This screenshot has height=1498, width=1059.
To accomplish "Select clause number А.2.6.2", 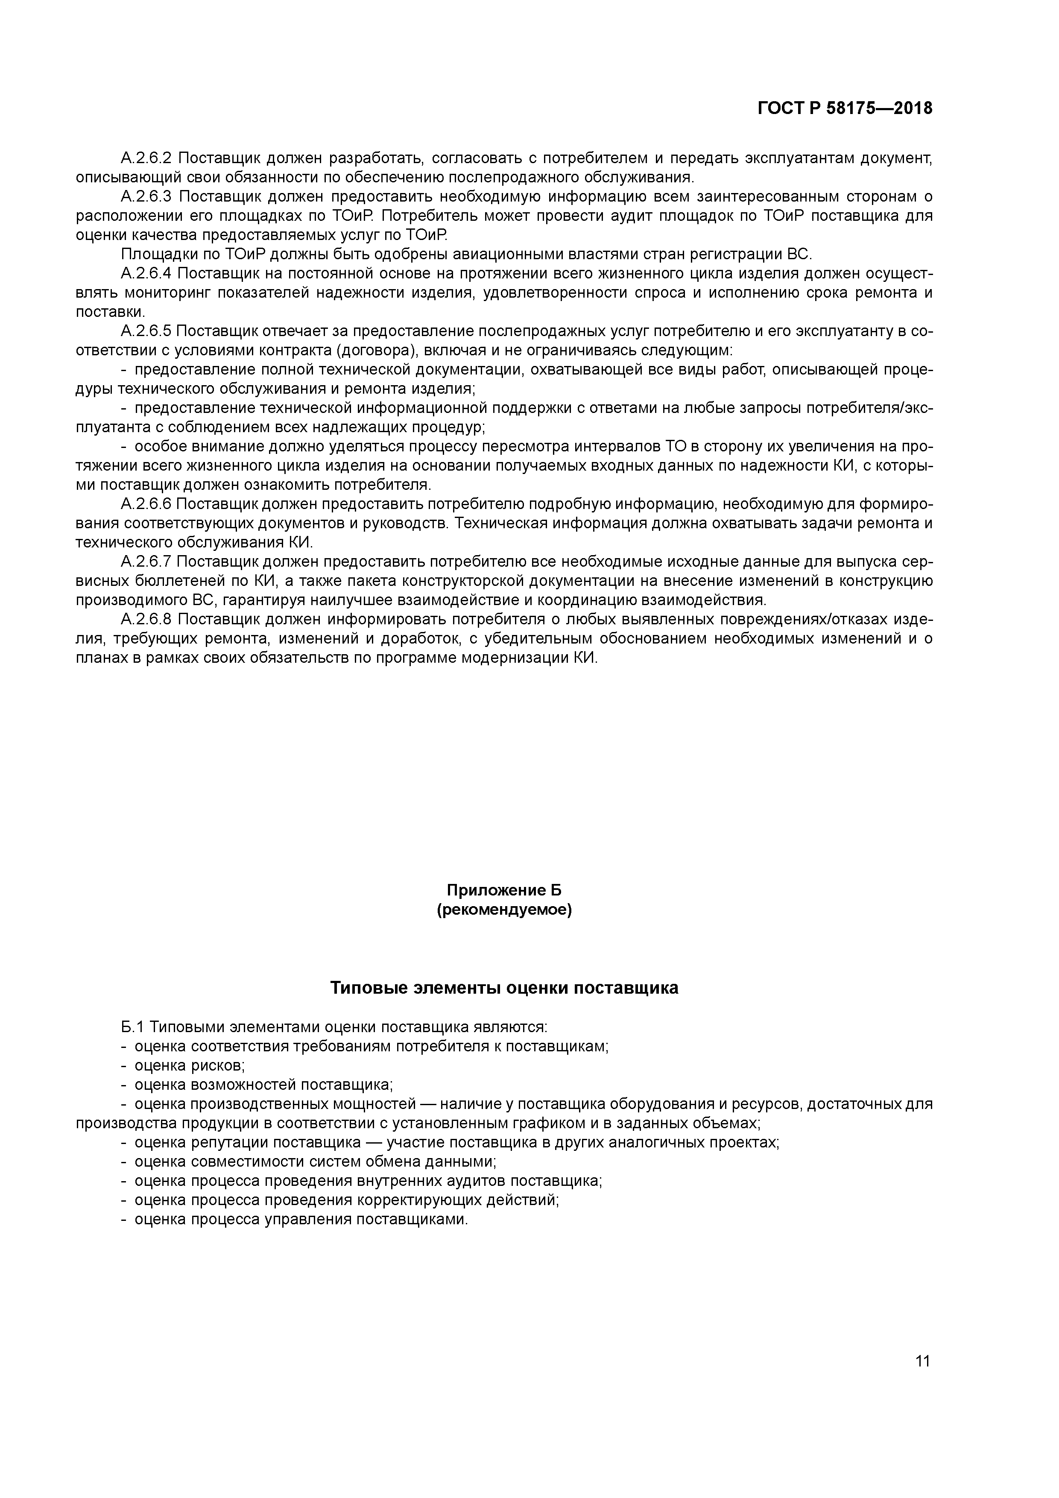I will [x=146, y=158].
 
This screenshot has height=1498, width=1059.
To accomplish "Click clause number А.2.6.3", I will [x=146, y=196].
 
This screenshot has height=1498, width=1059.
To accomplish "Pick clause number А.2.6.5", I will [x=146, y=331].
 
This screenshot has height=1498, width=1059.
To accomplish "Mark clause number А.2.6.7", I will [x=146, y=562].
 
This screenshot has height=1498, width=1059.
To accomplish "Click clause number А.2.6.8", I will [x=146, y=619].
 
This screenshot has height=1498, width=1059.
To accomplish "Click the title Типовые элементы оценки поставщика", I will [x=504, y=988].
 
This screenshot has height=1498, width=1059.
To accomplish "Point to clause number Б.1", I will [x=132, y=1027].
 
